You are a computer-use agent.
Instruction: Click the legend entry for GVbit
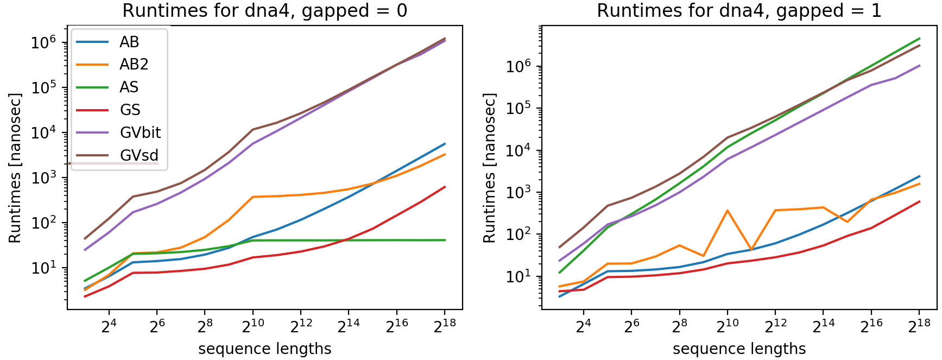tap(140, 132)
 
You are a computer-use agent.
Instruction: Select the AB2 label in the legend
tap(134, 65)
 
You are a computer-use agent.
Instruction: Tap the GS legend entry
tap(130, 110)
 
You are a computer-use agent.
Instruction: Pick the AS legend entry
tap(129, 87)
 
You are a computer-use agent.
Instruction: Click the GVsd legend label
tap(139, 155)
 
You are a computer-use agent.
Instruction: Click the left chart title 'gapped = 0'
tap(264, 11)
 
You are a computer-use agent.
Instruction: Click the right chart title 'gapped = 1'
tap(739, 11)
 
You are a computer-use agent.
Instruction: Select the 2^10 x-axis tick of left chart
tap(252, 325)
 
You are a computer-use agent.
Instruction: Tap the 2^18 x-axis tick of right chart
tap(919, 325)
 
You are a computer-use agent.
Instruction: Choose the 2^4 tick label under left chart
tap(109, 325)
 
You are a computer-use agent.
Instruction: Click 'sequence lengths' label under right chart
tap(739, 349)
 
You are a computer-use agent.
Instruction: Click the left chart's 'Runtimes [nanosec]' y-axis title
tap(15, 168)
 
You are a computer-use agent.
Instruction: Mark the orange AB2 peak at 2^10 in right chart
tap(727, 211)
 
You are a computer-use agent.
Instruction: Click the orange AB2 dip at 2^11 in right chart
tap(751, 250)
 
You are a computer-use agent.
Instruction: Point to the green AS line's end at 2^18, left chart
tap(445, 240)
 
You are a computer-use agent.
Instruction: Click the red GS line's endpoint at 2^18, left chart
tap(445, 187)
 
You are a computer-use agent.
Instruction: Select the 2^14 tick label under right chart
tap(823, 325)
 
